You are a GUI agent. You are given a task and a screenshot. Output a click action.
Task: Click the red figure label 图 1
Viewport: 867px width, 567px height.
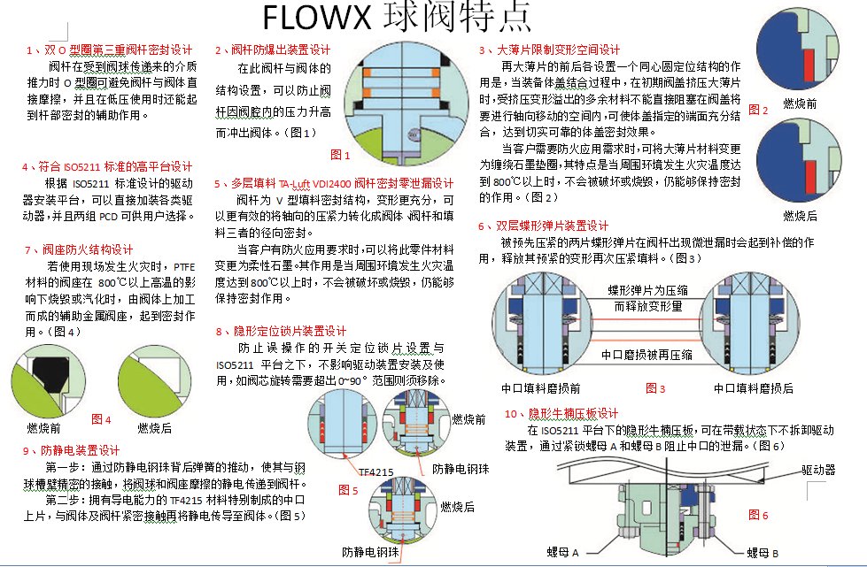[340, 155]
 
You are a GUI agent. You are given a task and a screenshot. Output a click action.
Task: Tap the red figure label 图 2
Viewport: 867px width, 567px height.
[758, 110]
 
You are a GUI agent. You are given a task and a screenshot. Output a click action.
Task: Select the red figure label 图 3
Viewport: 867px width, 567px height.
[655, 388]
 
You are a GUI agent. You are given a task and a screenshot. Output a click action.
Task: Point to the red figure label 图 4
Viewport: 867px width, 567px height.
[101, 419]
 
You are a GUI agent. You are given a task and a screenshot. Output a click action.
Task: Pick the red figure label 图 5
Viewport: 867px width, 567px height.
[348, 490]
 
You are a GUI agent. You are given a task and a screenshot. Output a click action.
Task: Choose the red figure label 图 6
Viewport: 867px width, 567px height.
[758, 515]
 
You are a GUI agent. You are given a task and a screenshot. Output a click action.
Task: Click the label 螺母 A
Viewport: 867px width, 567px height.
[562, 552]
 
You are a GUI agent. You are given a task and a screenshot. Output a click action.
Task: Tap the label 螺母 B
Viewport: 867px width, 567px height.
[762, 553]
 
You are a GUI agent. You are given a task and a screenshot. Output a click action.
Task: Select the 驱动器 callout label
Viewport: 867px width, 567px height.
[818, 470]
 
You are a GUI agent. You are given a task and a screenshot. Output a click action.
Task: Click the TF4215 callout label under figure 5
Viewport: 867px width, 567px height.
[376, 472]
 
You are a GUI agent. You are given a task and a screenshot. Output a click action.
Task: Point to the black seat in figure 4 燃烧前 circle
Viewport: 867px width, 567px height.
[50, 373]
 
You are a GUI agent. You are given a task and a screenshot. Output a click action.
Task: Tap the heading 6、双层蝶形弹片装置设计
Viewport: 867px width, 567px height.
[543, 226]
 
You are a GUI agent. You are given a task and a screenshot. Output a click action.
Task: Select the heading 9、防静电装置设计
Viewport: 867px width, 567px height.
[72, 450]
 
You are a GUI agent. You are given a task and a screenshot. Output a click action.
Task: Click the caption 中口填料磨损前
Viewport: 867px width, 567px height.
[541, 388]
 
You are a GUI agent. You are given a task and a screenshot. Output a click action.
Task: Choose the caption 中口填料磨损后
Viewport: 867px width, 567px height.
[753, 388]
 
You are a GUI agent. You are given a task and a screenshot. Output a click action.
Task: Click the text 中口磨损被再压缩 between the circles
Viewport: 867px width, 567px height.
[646, 355]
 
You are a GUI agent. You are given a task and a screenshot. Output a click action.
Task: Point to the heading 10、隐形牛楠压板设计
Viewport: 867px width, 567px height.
[561, 413]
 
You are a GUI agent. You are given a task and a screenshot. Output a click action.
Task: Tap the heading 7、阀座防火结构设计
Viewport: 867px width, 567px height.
[79, 249]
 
